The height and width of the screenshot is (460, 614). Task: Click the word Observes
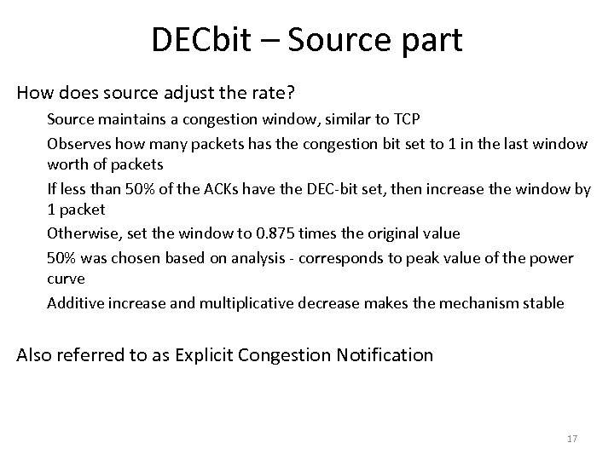(77, 143)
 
